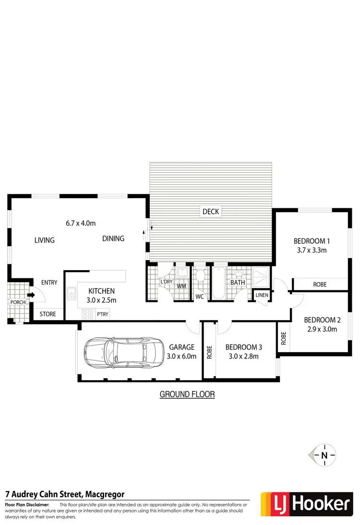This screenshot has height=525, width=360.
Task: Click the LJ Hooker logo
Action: [x=305, y=504]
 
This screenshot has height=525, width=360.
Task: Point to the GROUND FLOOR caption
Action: [x=187, y=394]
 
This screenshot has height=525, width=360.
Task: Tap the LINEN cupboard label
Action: [x=262, y=295]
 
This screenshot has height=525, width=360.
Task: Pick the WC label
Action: [x=200, y=297]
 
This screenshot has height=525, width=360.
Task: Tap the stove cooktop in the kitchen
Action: [x=88, y=314]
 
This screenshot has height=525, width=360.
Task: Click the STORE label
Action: [x=48, y=314]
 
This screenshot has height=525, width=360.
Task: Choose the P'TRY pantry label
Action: [x=102, y=314]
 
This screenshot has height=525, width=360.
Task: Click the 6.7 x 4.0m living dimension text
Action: [x=81, y=223]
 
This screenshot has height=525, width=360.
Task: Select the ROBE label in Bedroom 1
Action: [x=320, y=285]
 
